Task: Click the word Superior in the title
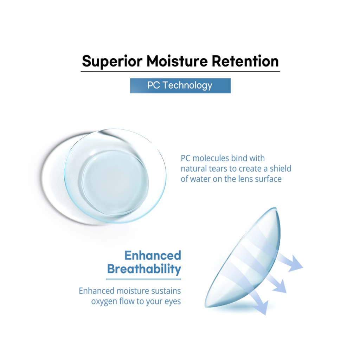[112, 62]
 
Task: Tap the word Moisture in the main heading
[177, 61]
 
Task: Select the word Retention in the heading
[245, 61]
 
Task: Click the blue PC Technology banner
[180, 86]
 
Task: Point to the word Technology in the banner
[187, 86]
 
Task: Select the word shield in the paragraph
[280, 168]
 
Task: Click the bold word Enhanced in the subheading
[153, 256]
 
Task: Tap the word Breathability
[144, 269]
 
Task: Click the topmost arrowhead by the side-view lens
[295, 264]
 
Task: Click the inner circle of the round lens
[115, 183]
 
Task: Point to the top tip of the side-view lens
[276, 208]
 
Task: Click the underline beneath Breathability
[143, 279]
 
